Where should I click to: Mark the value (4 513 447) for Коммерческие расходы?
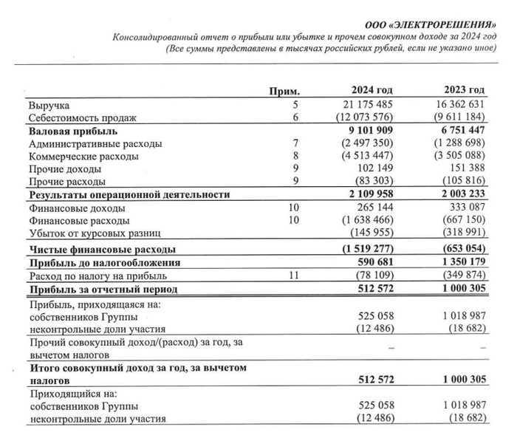click(366, 156)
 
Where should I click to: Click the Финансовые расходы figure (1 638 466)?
click(366, 220)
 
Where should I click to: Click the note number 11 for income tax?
click(295, 275)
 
